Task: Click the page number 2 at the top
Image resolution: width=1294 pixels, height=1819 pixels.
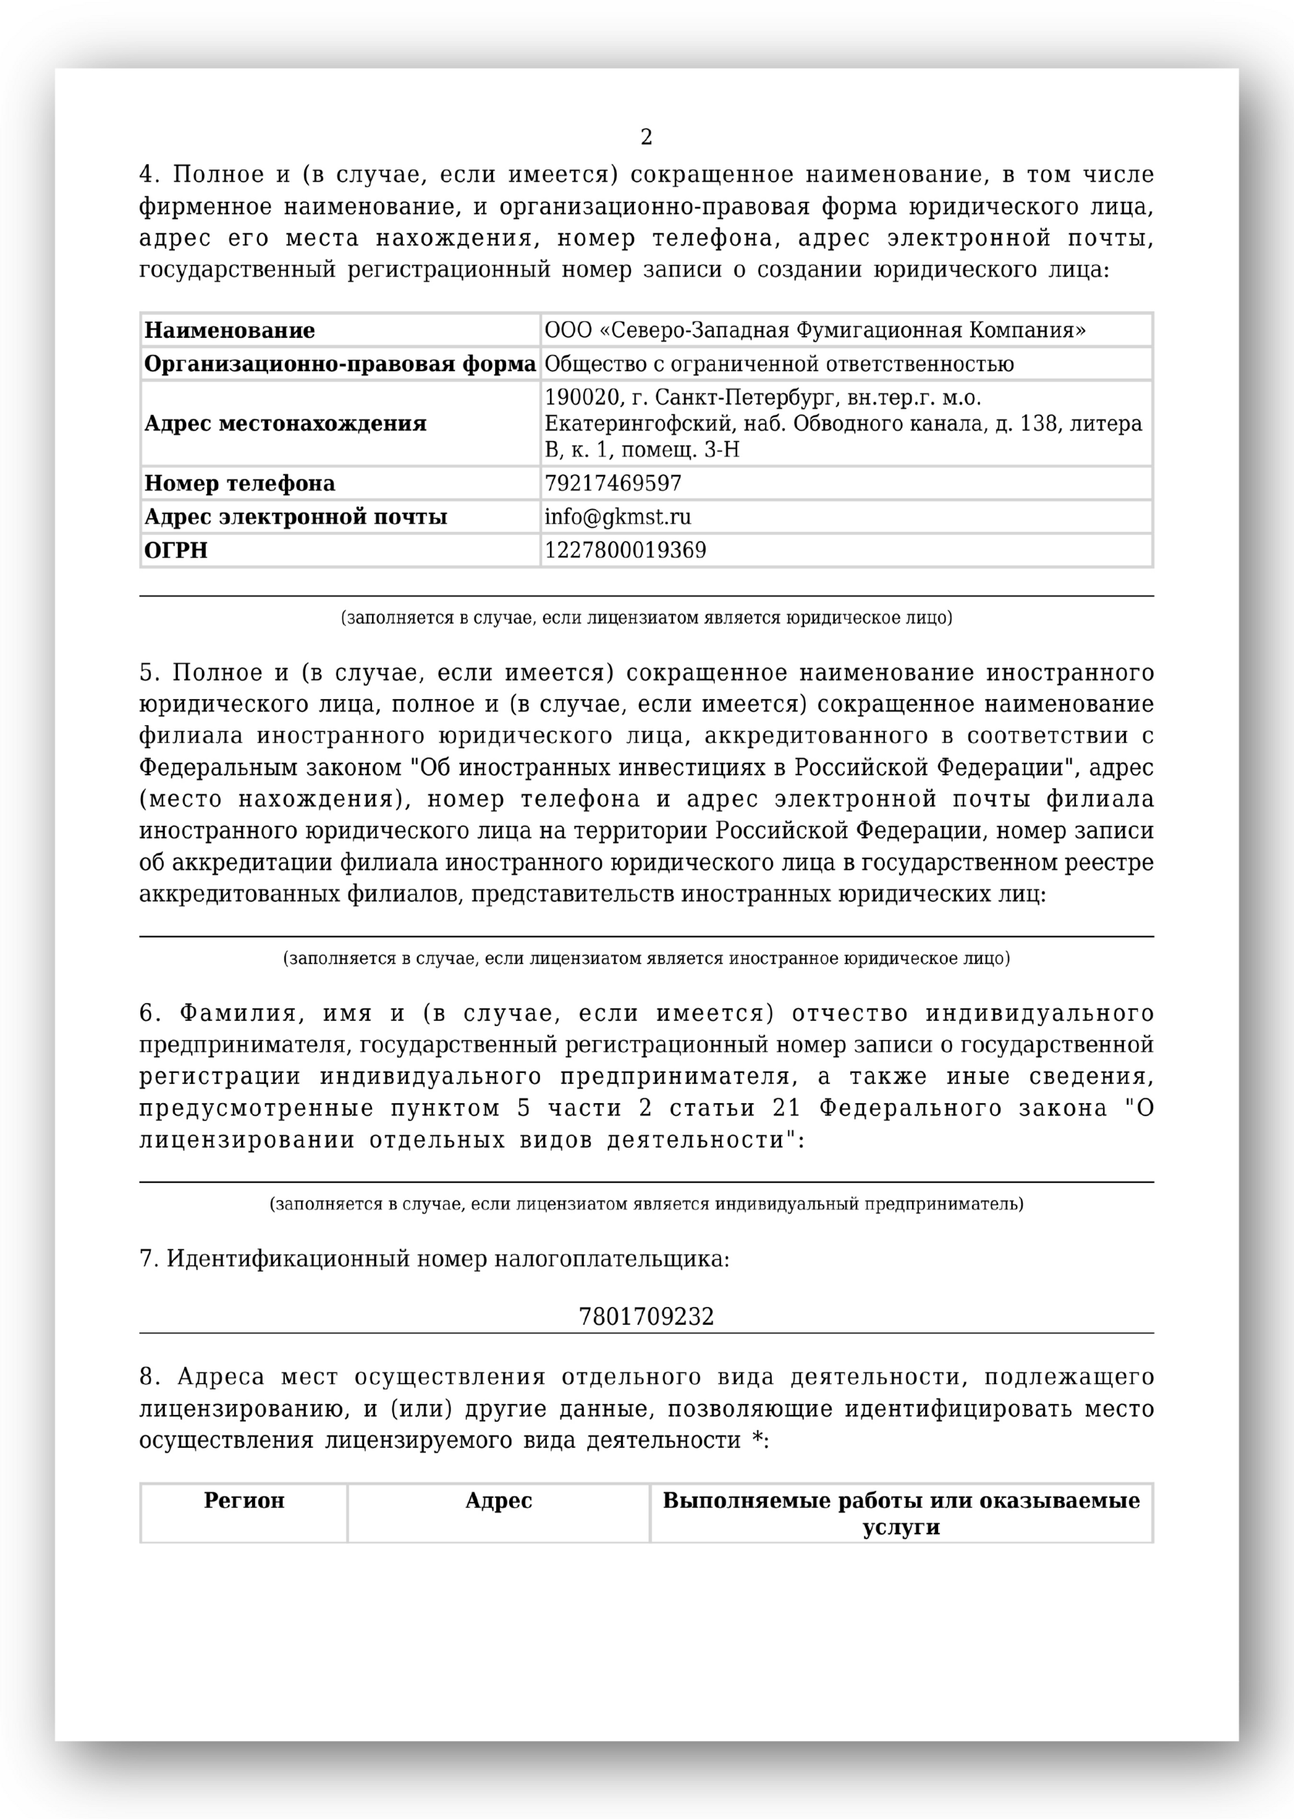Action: click(x=646, y=138)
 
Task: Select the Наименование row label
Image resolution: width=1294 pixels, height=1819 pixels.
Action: click(x=230, y=330)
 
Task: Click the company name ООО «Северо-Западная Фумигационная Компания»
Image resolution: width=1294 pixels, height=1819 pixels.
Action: click(x=814, y=330)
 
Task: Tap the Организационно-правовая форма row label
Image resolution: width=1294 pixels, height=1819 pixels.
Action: click(x=340, y=365)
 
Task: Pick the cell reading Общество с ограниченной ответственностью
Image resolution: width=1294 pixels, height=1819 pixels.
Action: click(x=779, y=365)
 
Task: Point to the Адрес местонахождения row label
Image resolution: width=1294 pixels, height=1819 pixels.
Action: click(x=285, y=423)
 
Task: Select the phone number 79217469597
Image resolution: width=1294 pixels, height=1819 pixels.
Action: click(x=613, y=483)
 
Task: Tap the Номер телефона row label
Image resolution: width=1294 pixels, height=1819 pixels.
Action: click(x=239, y=483)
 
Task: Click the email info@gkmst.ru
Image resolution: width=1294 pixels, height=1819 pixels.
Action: click(x=618, y=517)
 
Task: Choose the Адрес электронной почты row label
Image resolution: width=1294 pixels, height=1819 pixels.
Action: click(x=296, y=517)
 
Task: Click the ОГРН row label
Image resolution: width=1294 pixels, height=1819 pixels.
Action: click(x=176, y=550)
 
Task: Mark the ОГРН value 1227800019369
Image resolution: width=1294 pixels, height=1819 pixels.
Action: click(x=625, y=550)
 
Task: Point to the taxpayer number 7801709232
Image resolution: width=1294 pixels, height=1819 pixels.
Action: click(x=646, y=1316)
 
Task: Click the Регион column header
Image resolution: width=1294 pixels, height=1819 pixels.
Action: click(x=244, y=1500)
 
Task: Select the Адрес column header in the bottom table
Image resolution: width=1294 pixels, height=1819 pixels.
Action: click(x=498, y=1500)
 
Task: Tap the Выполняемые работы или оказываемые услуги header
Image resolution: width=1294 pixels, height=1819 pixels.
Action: click(x=901, y=1513)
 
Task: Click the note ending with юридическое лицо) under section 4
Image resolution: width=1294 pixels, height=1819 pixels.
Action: click(x=646, y=618)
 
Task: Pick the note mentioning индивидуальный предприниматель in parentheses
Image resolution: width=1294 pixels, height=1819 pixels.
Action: click(x=646, y=1203)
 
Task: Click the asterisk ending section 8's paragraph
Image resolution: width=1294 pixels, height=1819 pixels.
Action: click(x=758, y=1440)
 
